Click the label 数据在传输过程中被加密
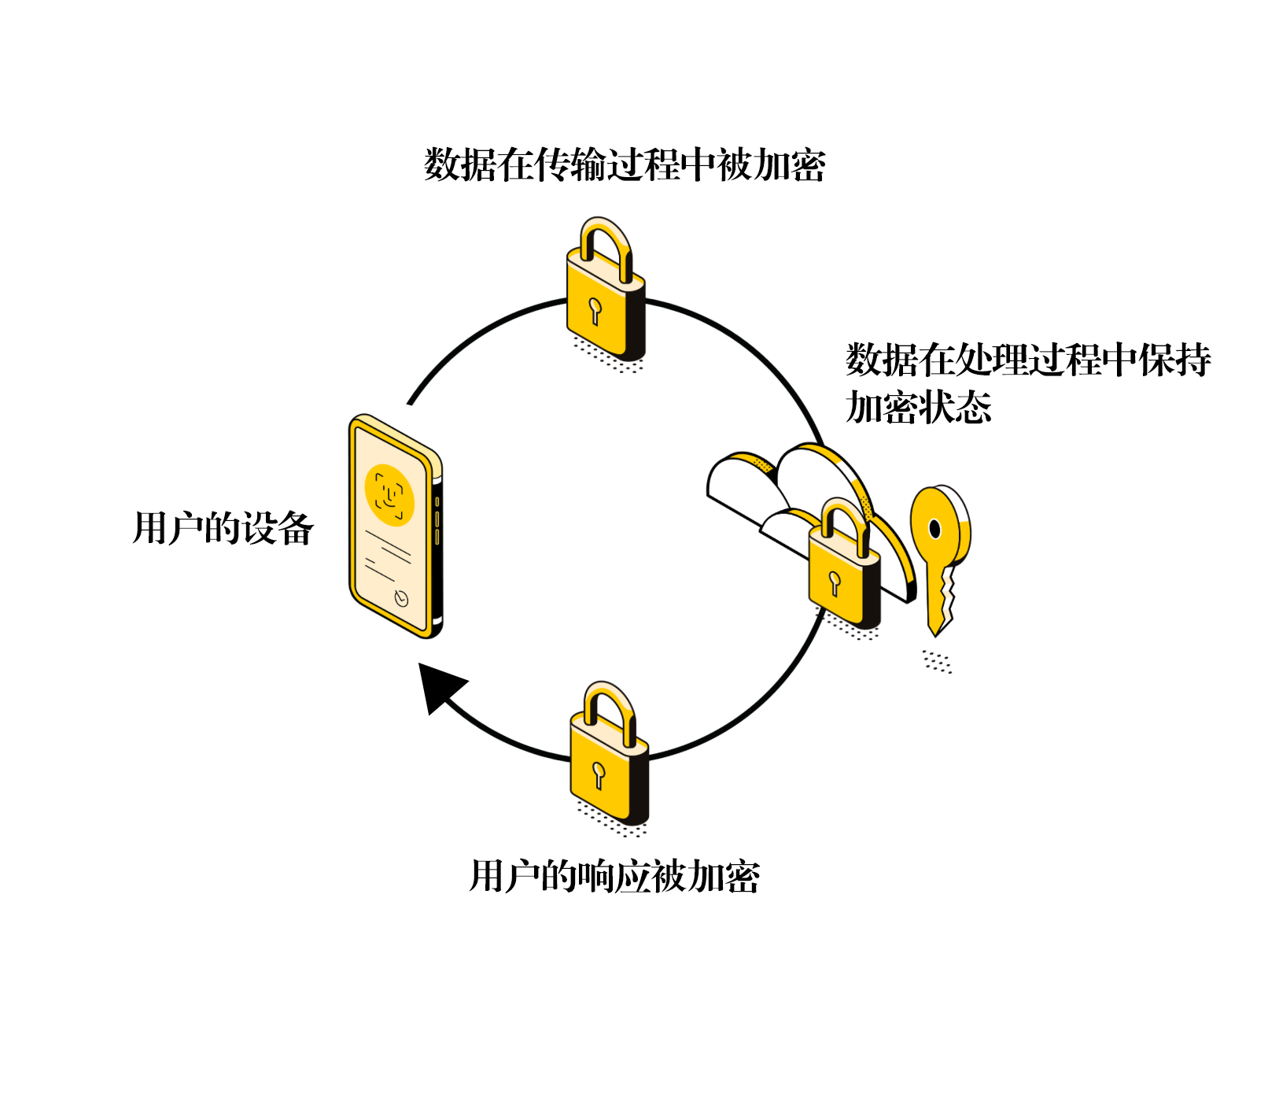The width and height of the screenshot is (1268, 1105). coord(625,165)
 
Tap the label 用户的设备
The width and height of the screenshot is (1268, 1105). coord(223,528)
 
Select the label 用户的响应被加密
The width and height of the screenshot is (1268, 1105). coord(614,877)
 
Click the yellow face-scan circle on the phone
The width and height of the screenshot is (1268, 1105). coord(389,495)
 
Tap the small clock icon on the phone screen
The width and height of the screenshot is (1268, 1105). coord(401,599)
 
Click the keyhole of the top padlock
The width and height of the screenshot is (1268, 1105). coord(594,309)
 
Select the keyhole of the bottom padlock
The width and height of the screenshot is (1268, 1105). coord(599,773)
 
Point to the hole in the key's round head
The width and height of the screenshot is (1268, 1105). coord(934,528)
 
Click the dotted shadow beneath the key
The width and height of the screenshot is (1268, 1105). coord(937,661)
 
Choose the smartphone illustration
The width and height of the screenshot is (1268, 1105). coord(396,526)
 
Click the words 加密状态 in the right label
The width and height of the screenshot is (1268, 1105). coord(919,408)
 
